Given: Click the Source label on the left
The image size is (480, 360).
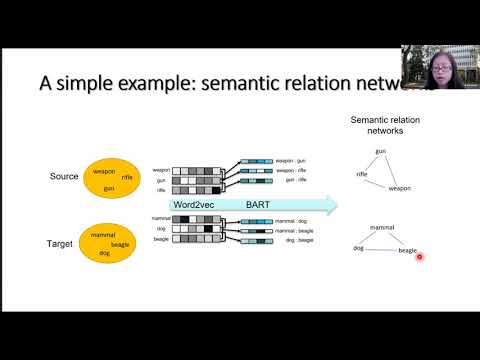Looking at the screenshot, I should tap(64, 177).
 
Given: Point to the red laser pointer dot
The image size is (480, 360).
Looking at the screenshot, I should tap(420, 257).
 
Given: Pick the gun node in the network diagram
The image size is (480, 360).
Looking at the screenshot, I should tap(381, 151).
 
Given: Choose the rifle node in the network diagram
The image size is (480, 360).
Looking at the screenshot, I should tap(363, 174).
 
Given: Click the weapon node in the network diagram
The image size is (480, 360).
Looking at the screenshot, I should tap(400, 188).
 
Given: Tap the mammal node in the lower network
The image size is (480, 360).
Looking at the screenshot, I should tap(382, 228).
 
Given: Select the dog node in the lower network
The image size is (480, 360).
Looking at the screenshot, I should tap(357, 247).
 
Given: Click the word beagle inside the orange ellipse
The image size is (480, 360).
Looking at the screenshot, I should tap(120, 244).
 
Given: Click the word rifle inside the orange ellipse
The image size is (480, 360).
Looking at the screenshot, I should tap(127, 177).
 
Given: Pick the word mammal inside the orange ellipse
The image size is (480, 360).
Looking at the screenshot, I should tap(103, 235).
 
